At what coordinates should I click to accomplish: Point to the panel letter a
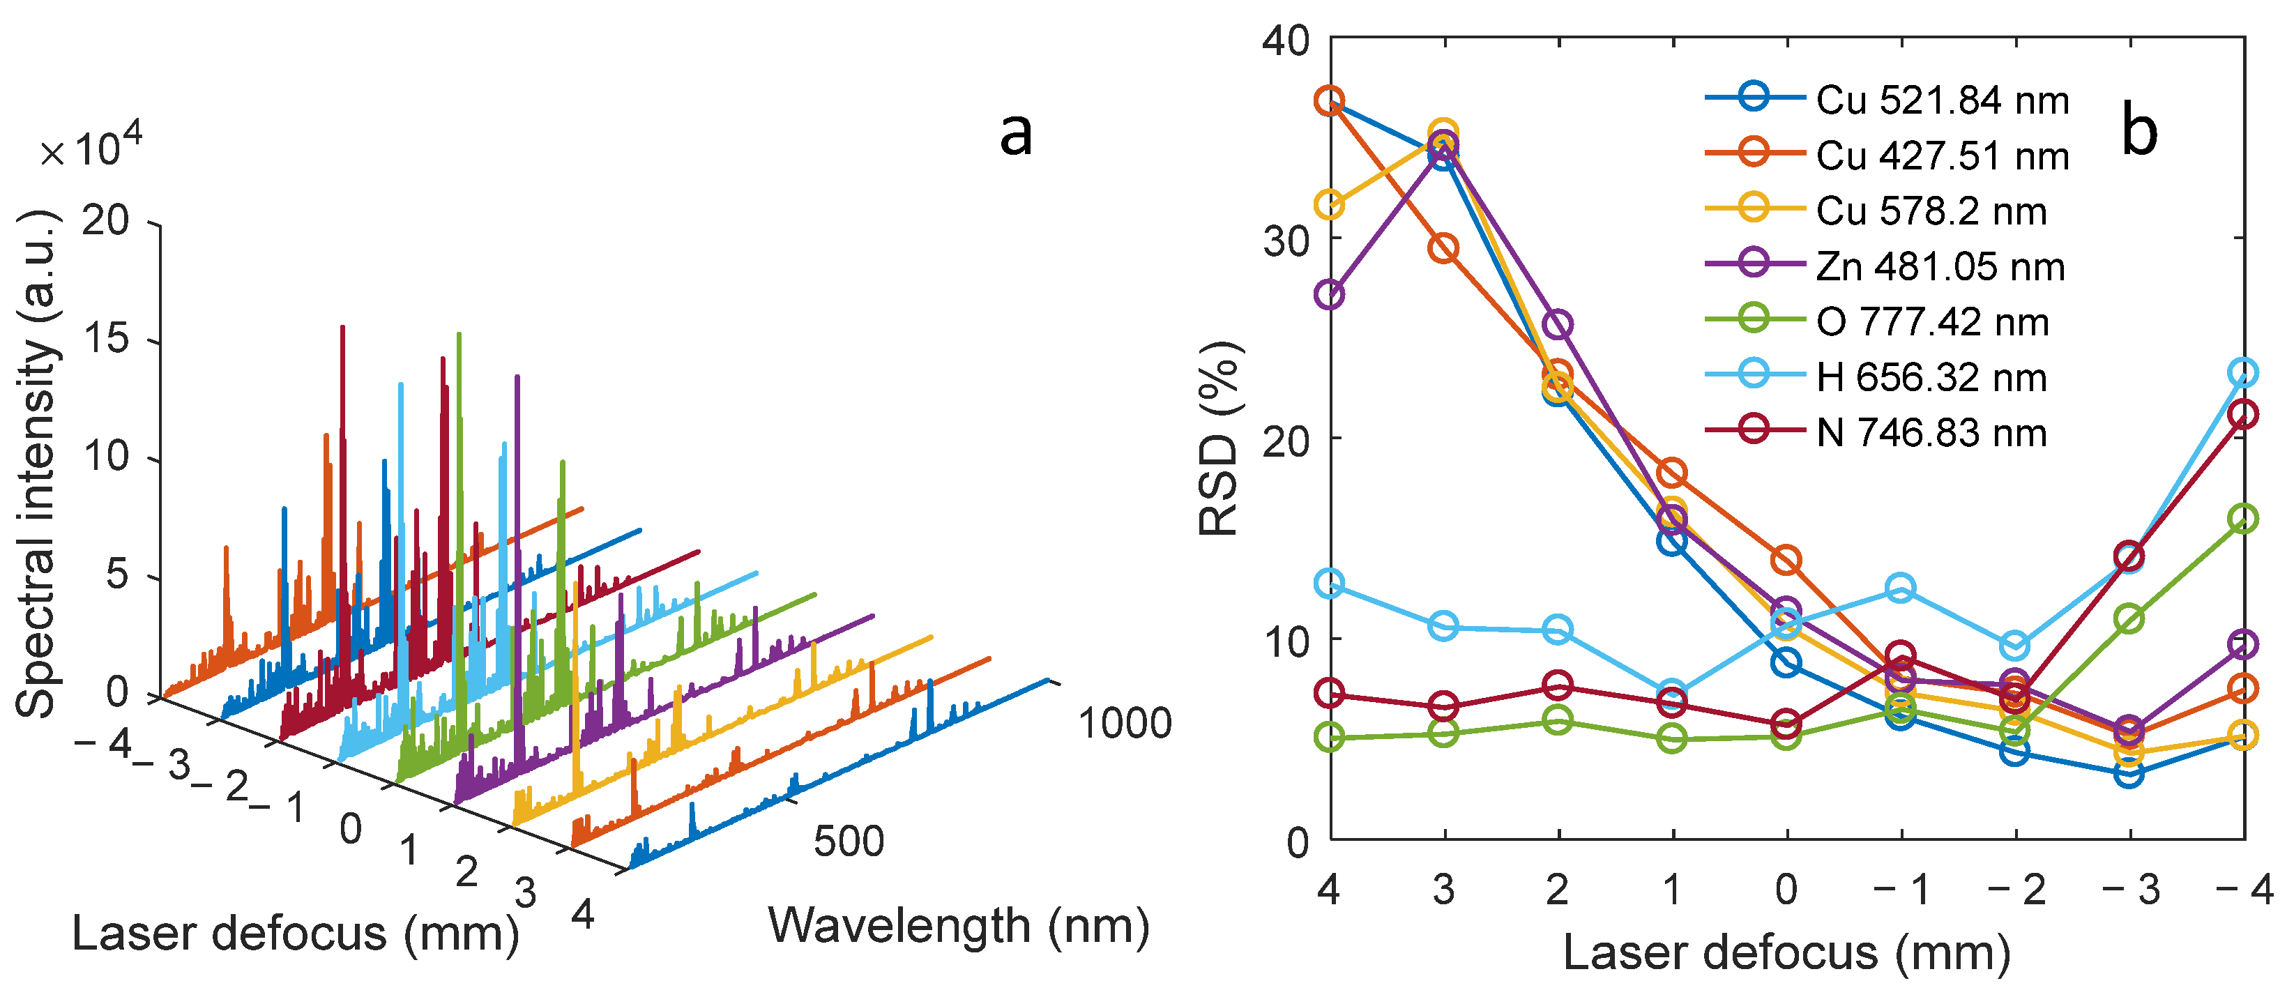(x=1016, y=133)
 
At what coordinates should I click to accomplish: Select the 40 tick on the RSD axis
(x=1286, y=41)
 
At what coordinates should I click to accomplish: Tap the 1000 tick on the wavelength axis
(x=1125, y=724)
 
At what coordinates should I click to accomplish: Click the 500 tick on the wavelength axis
(x=849, y=842)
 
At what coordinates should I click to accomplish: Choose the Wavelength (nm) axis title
(x=959, y=926)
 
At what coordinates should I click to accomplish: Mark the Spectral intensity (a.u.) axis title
(x=37, y=464)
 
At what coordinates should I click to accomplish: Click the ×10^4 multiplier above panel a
(x=91, y=146)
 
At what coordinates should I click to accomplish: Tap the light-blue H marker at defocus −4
(x=2242, y=373)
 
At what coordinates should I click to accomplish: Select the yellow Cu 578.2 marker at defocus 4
(x=1329, y=205)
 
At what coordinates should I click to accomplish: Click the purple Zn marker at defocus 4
(x=1329, y=294)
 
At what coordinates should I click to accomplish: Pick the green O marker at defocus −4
(x=2242, y=519)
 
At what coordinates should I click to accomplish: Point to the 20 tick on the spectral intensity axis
(x=106, y=220)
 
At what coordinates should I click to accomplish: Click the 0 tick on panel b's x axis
(x=1786, y=890)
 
